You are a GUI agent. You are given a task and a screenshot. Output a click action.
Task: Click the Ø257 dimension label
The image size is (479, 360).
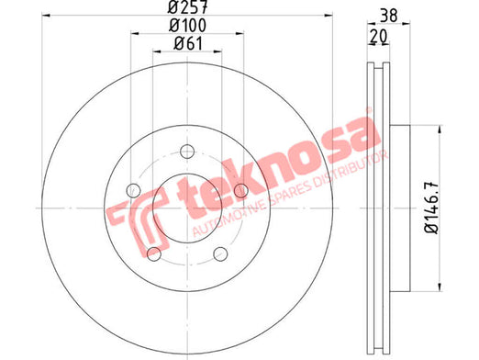(187, 6)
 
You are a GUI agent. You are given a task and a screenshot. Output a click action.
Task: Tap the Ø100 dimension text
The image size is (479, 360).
(187, 25)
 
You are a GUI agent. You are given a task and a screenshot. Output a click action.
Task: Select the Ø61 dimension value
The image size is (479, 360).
(187, 43)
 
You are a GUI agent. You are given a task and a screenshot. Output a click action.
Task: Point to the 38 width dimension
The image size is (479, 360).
(389, 16)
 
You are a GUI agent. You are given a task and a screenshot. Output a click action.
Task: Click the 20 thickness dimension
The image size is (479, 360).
(378, 36)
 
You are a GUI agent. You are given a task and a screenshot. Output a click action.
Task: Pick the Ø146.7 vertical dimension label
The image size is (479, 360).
(431, 208)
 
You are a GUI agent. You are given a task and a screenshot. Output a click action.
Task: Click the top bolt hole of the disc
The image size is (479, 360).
(187, 152)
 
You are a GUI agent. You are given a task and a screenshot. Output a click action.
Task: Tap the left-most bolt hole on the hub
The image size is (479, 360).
(133, 190)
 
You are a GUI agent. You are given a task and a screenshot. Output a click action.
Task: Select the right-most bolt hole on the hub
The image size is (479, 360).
(241, 190)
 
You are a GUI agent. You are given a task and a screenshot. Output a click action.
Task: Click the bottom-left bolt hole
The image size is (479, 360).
(154, 253)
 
